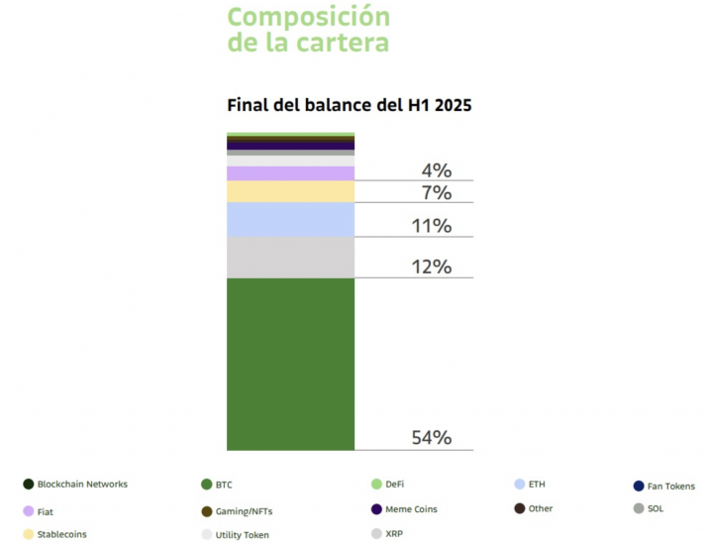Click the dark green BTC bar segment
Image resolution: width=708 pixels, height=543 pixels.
[290, 364]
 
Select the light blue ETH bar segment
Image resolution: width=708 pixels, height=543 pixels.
[290, 220]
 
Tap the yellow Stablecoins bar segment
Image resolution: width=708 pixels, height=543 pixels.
[290, 191]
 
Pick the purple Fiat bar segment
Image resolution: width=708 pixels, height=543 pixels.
[290, 173]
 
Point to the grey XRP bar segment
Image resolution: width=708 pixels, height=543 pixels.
[290, 258]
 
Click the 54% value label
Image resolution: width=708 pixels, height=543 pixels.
[431, 438]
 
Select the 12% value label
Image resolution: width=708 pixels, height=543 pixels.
[431, 267]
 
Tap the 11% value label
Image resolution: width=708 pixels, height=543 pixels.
[431, 226]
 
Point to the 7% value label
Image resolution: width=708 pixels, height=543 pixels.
[437, 193]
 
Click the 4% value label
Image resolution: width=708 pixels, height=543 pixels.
[437, 170]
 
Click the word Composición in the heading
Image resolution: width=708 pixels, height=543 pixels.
[308, 18]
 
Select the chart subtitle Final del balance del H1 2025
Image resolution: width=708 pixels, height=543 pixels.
[349, 105]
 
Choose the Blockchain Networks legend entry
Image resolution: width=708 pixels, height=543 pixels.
[75, 485]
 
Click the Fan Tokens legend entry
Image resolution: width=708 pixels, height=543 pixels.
[664, 487]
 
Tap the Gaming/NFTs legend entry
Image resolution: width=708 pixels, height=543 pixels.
[237, 511]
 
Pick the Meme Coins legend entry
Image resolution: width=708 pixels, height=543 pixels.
[404, 509]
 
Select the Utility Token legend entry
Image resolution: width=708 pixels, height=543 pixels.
[236, 535]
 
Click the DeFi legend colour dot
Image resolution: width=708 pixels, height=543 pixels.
[376, 485]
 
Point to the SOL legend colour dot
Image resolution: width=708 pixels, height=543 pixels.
[639, 508]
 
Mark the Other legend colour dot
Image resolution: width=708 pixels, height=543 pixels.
[520, 508]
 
